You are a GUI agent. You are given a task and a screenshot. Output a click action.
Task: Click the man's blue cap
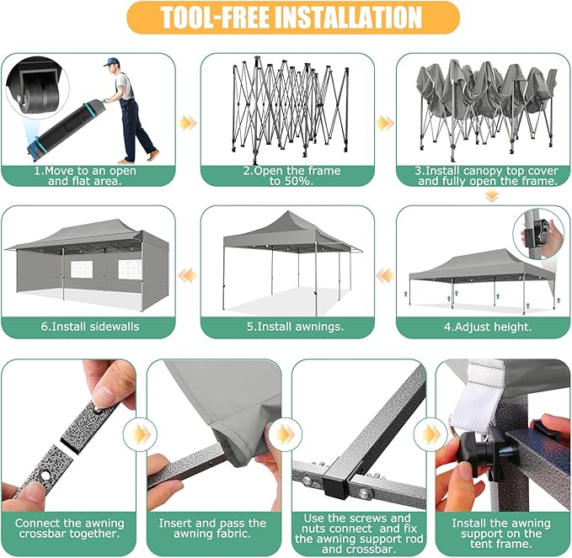click(x=110, y=61)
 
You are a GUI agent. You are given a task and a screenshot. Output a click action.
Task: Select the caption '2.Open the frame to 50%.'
click(x=291, y=176)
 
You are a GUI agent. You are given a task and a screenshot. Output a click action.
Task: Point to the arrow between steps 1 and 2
click(x=188, y=123)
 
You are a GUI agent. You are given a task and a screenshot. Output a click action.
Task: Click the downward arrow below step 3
click(x=492, y=197)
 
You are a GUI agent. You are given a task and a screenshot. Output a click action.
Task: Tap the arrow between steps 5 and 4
click(x=385, y=275)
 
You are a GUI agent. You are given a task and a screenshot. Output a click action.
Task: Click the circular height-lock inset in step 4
click(x=538, y=234)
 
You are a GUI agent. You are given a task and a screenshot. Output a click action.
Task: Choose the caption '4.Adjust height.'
click(x=488, y=327)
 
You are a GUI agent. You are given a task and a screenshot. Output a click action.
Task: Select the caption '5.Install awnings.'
click(x=295, y=327)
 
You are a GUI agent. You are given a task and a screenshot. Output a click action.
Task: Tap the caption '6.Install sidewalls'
click(x=90, y=327)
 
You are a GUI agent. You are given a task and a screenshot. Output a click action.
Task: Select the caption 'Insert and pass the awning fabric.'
click(x=212, y=529)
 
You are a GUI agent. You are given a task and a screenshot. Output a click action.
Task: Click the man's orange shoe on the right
click(x=153, y=155)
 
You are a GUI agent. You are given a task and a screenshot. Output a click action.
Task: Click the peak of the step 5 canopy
click(x=288, y=212)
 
